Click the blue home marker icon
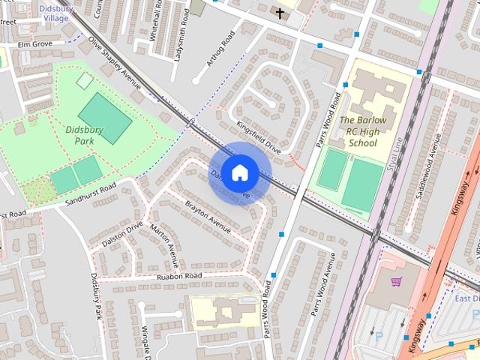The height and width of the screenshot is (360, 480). [x=239, y=172]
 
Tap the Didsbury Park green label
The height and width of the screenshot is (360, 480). [x=83, y=134]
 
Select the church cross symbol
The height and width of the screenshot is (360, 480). [x=280, y=13]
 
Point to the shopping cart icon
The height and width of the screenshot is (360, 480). [x=396, y=282]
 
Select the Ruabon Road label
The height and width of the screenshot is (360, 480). [x=179, y=277]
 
